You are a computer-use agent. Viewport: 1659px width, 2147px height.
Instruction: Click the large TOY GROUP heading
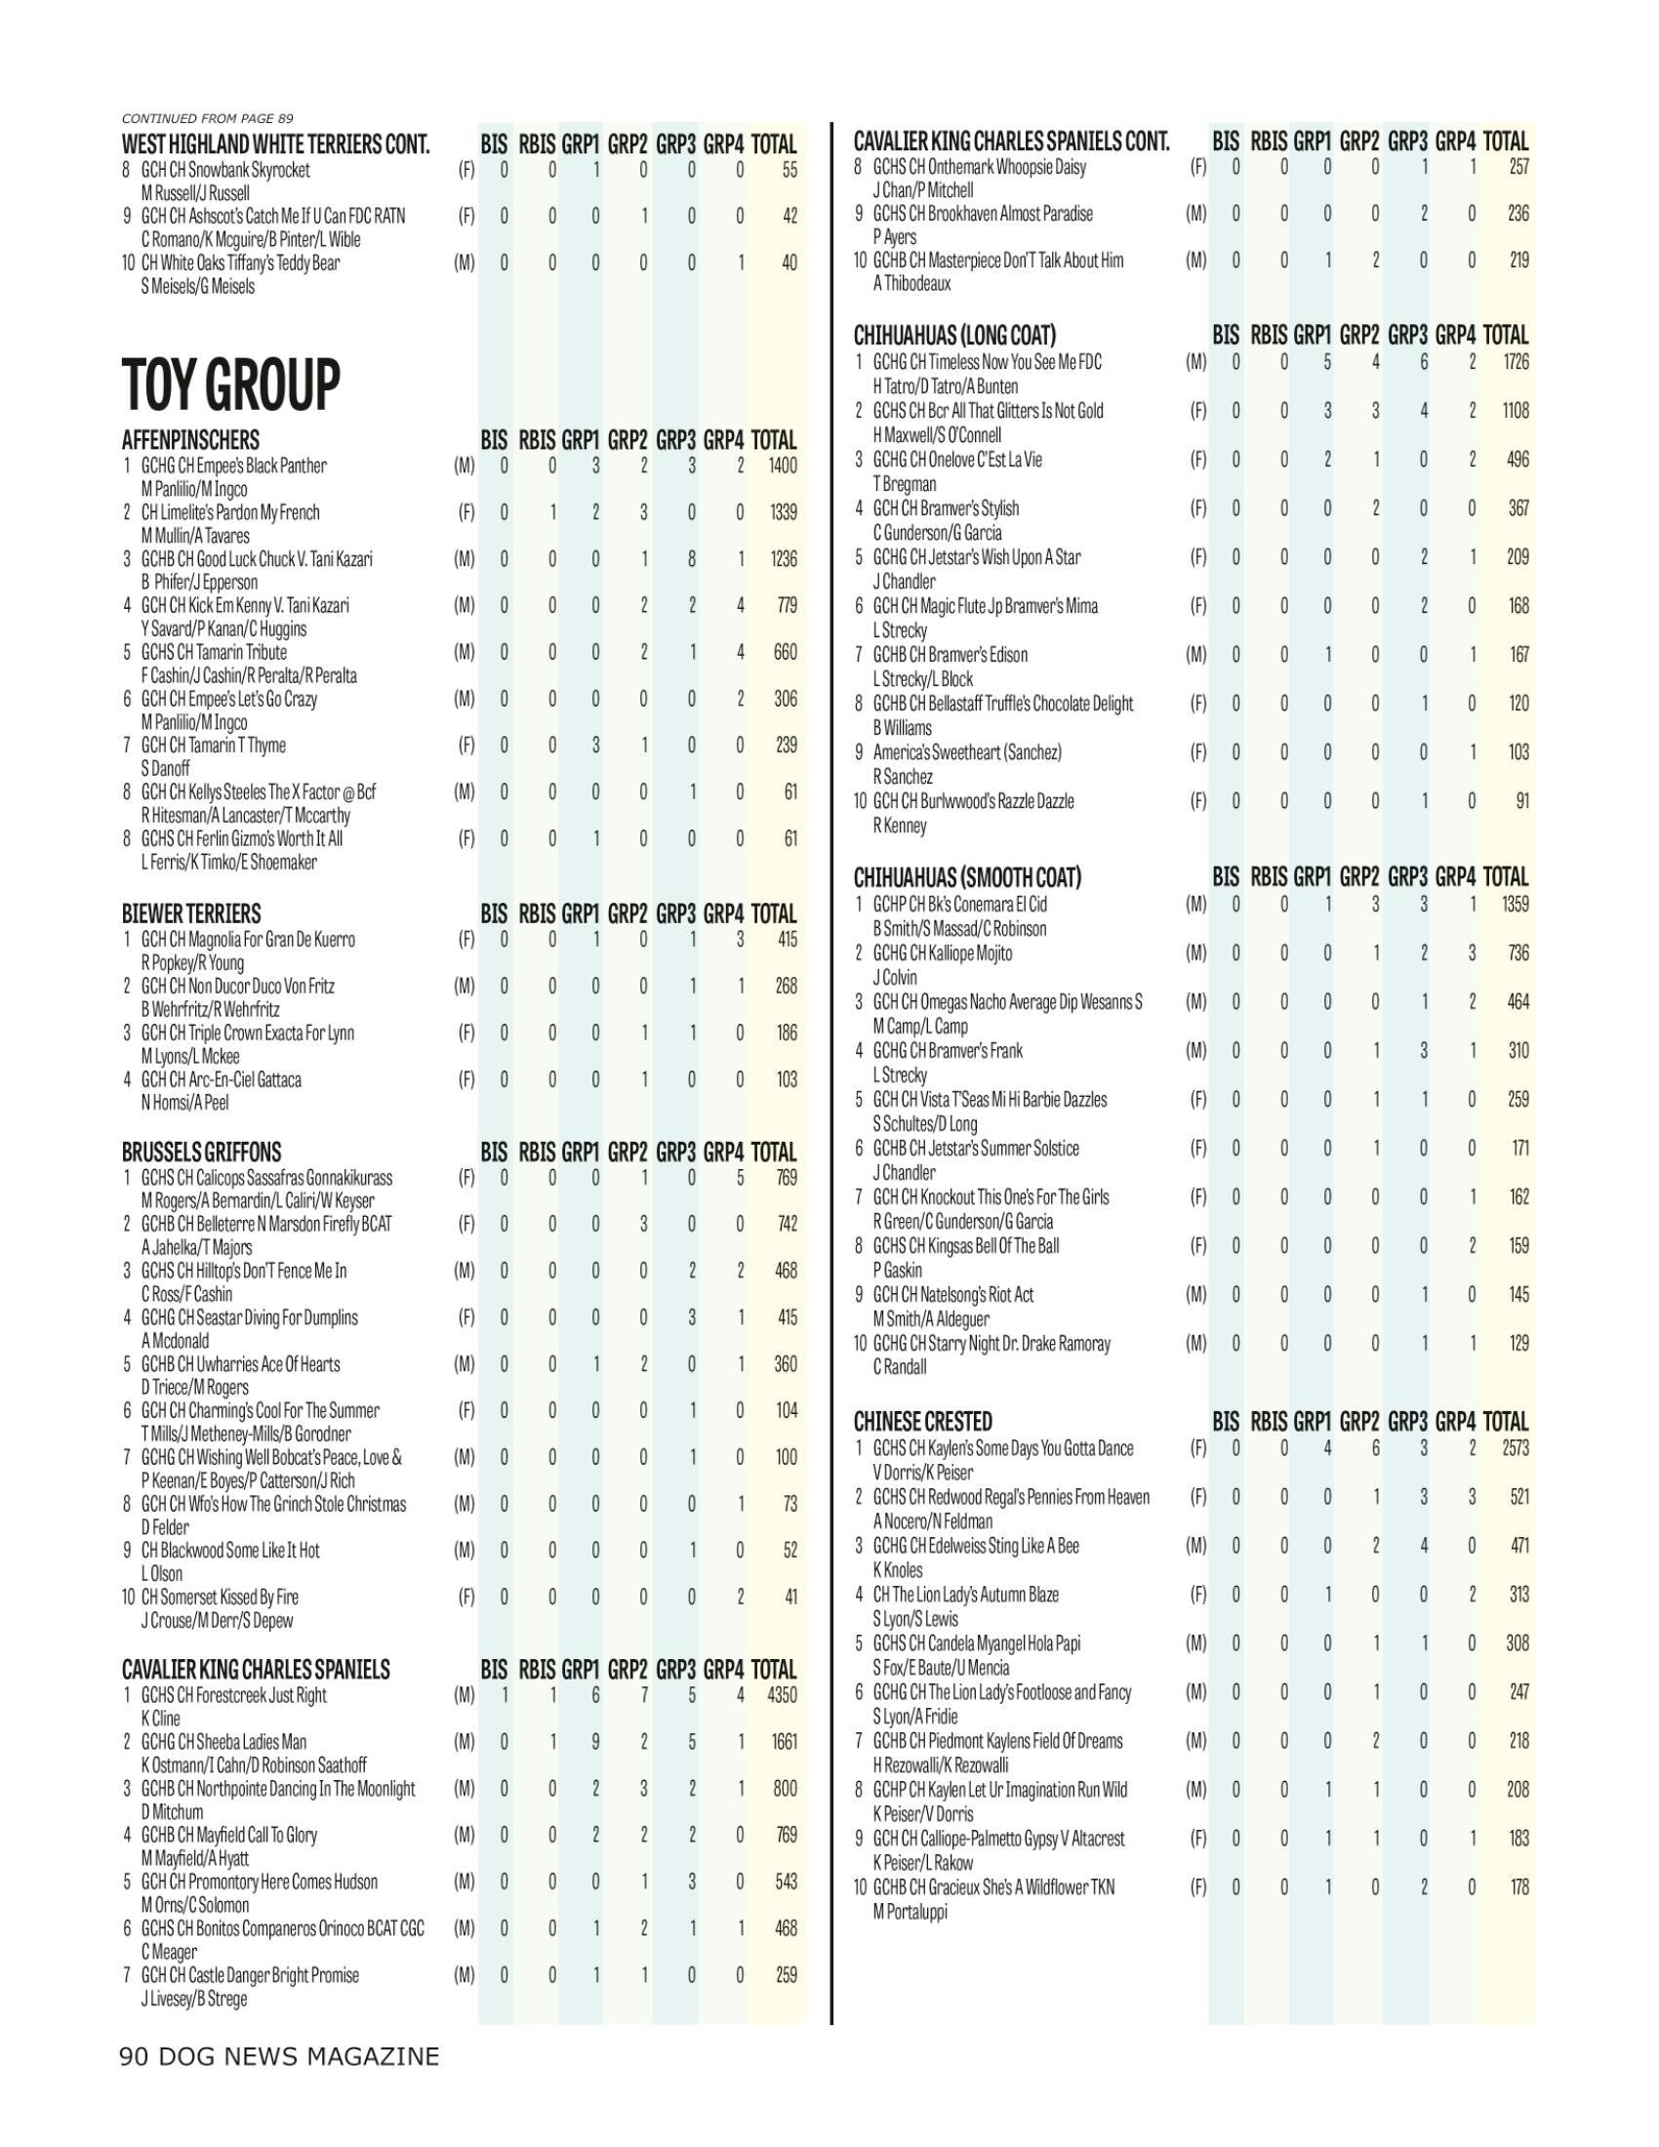click(x=231, y=384)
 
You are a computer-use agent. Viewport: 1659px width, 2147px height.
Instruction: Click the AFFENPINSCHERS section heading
click(x=190, y=439)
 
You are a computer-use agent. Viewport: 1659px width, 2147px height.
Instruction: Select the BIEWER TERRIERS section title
click(x=191, y=913)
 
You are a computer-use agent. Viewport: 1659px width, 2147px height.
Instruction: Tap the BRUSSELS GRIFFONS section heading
click(x=201, y=1152)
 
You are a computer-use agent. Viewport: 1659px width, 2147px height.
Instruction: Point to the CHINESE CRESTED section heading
click(x=923, y=1421)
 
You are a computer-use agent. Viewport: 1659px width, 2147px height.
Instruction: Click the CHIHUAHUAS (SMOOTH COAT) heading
click(x=967, y=876)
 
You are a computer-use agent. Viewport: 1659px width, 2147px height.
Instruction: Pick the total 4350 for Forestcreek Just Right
click(x=782, y=1694)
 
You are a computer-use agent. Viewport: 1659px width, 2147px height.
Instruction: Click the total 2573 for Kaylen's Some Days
click(x=1514, y=1447)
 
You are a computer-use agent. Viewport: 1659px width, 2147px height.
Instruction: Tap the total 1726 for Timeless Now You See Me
click(x=1514, y=362)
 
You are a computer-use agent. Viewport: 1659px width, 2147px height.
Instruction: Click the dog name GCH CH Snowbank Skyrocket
click(x=225, y=169)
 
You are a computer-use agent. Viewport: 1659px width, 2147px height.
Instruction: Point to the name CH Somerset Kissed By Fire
click(x=220, y=1597)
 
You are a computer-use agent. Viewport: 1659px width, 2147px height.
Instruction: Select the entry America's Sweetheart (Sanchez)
click(x=967, y=752)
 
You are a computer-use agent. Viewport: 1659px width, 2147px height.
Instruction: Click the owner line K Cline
click(x=161, y=1718)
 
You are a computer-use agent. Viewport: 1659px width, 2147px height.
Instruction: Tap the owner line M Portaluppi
click(x=910, y=1911)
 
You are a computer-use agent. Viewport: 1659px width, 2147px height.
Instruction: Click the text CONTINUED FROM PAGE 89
click(x=207, y=118)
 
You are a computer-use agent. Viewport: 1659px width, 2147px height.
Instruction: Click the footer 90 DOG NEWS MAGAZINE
click(x=279, y=2056)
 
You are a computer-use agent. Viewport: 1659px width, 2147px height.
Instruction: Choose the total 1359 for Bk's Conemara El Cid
click(x=1514, y=904)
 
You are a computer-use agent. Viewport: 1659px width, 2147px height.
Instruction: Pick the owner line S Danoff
click(x=166, y=768)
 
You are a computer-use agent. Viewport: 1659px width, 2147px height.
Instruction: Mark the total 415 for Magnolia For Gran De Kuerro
click(x=787, y=939)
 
